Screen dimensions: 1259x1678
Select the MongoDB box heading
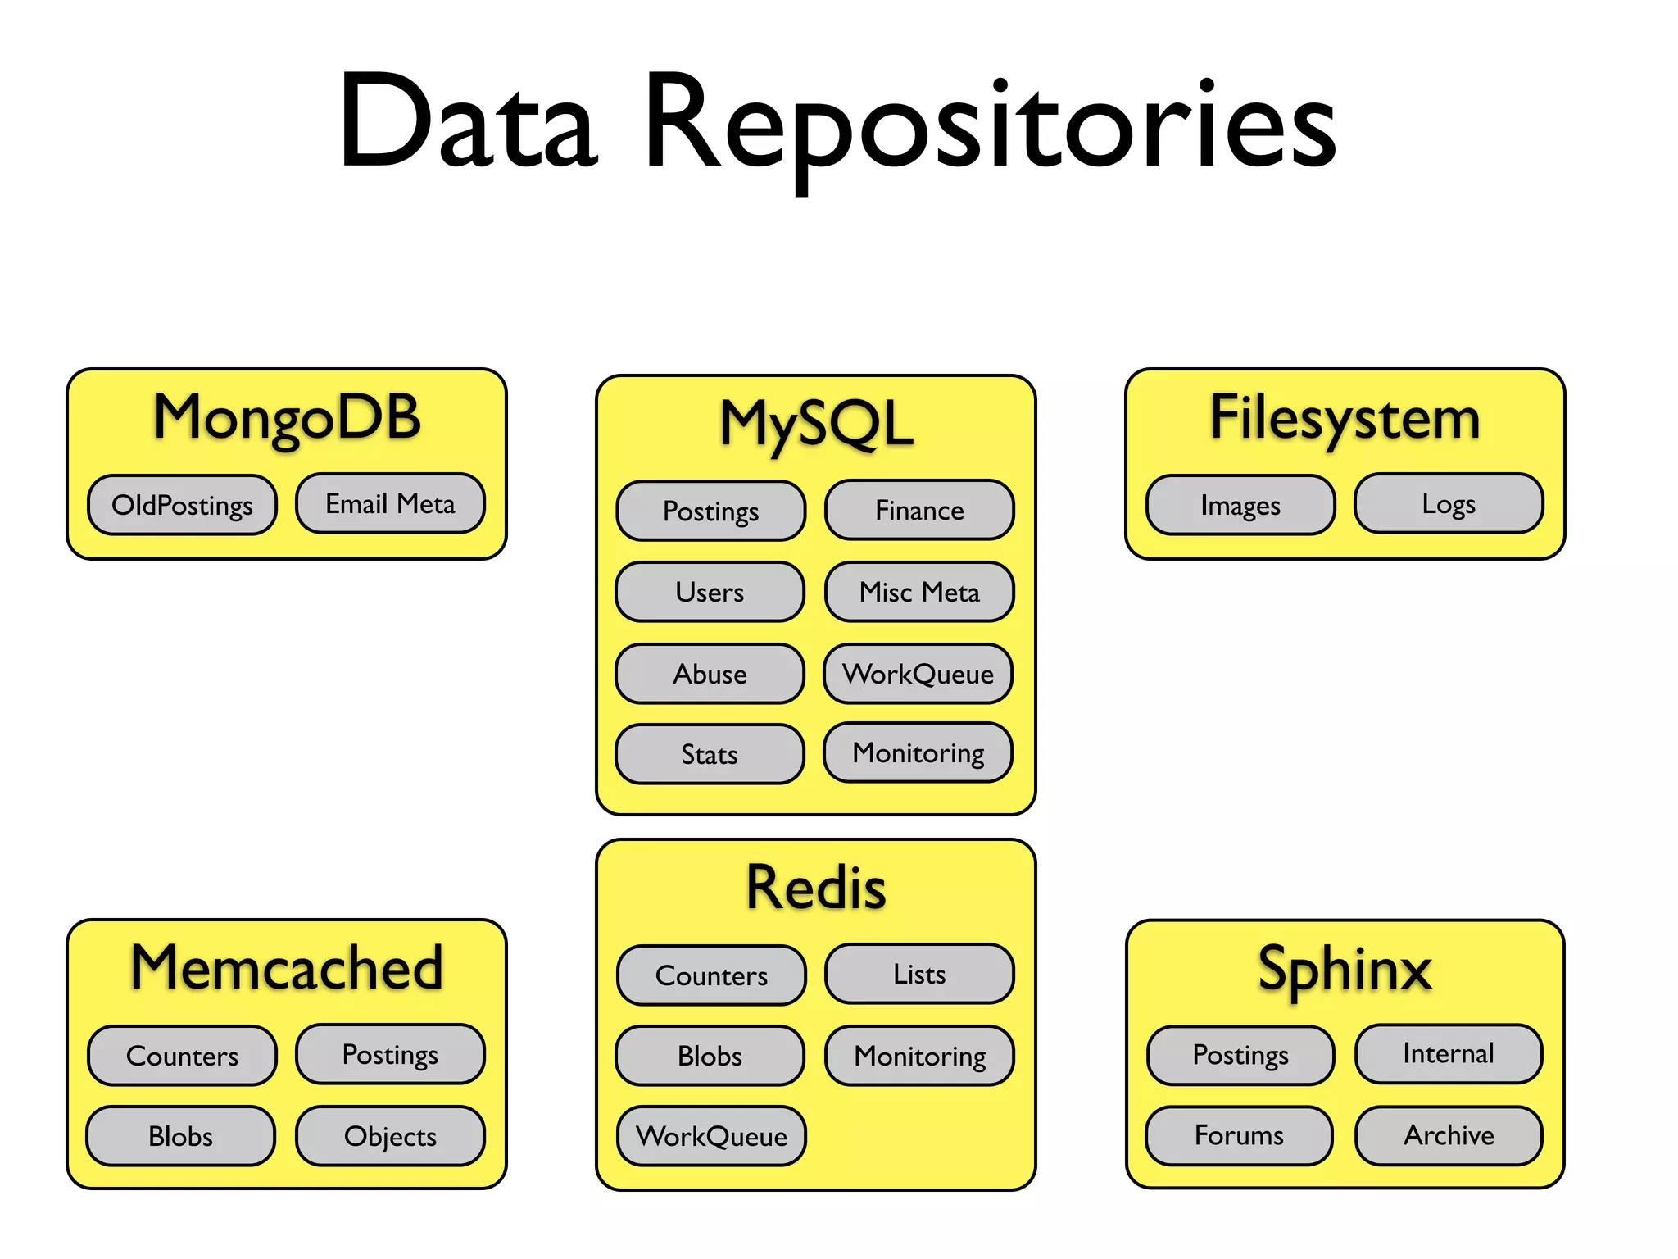287,418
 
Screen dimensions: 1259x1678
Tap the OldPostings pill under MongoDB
182,505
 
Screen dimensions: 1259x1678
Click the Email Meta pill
390,503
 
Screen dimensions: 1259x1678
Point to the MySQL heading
816,425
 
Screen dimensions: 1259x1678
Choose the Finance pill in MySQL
919,510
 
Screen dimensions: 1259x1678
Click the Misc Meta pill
919,592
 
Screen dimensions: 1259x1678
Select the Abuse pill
710,674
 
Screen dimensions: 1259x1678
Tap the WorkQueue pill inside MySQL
918,674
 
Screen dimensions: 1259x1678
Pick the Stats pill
710,754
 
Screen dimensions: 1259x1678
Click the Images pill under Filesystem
1240,505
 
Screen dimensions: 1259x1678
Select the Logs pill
1449,503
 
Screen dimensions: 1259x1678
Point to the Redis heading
816,889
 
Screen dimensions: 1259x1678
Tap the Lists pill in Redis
919,974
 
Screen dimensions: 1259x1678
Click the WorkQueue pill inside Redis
711,1136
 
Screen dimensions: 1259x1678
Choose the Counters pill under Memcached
182,1056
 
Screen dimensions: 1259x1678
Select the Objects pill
390,1136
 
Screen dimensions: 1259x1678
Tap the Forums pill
1239,1135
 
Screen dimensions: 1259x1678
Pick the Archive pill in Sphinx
1449,1135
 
